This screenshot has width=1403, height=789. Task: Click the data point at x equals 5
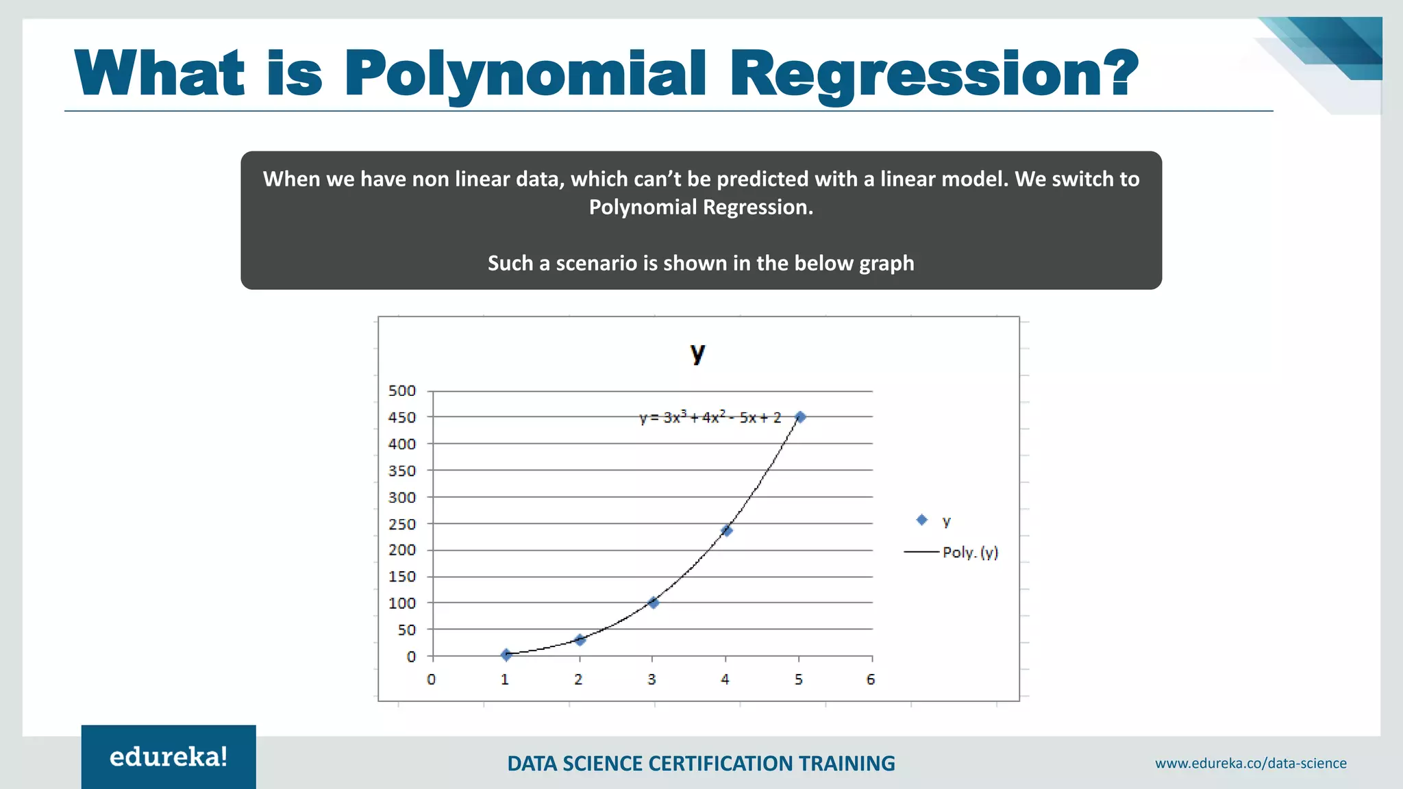[x=799, y=417]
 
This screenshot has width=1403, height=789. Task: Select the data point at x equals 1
[x=506, y=655]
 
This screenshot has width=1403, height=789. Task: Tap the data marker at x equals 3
[x=653, y=603]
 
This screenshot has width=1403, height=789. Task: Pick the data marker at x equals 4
[x=726, y=530]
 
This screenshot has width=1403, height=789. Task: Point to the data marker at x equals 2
[x=580, y=640]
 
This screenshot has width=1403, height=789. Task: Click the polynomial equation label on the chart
[x=710, y=417]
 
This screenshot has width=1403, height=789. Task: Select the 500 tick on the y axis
[x=402, y=391]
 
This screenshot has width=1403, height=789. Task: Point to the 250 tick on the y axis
[x=402, y=524]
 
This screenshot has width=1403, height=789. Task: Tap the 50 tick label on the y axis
[x=407, y=629]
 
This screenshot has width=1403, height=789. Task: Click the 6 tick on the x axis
[x=871, y=679]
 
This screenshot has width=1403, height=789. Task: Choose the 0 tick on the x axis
[x=431, y=679]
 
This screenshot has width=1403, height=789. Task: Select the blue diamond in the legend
[x=921, y=521]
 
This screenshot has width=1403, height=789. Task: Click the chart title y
[x=697, y=353]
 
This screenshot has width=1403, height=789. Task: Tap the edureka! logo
[x=169, y=757]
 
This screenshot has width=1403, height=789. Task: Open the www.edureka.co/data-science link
[x=1250, y=763]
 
